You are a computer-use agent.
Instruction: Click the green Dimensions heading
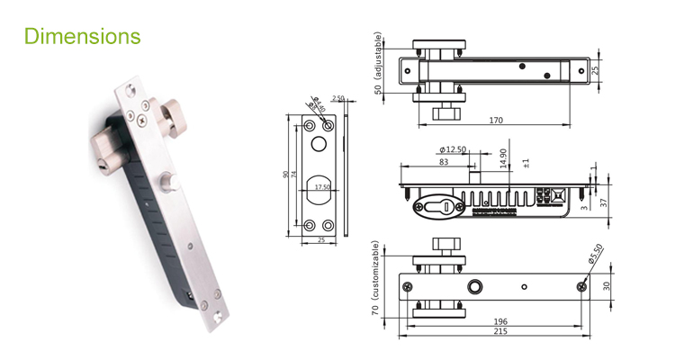[x=83, y=36]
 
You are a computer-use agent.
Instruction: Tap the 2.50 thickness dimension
[x=338, y=97]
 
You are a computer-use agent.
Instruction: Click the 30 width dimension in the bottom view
[x=605, y=285]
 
